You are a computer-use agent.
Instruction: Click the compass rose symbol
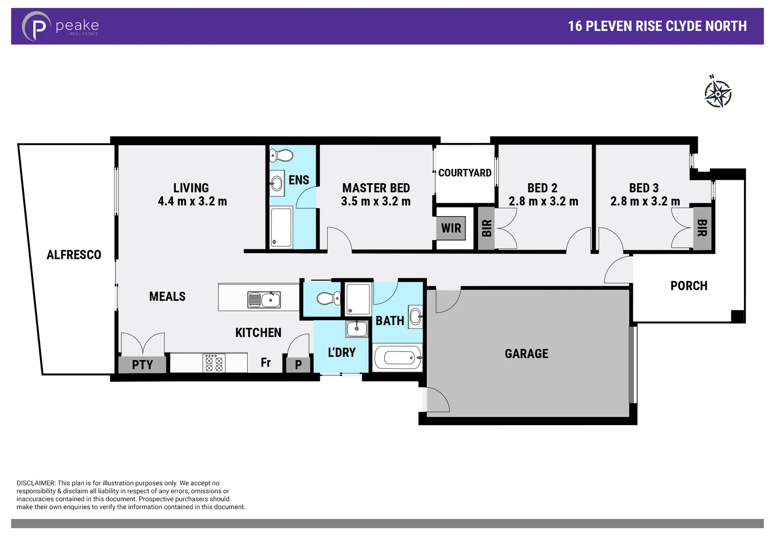[718, 92]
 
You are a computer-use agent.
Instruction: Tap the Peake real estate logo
[60, 26]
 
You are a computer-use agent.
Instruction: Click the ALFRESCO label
[74, 255]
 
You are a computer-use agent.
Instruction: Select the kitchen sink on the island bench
[264, 300]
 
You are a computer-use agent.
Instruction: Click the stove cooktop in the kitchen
[214, 363]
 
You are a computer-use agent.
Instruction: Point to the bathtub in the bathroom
[397, 358]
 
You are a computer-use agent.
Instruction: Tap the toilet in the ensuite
[281, 155]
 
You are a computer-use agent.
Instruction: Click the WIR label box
[451, 228]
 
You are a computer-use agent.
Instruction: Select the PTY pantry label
[142, 365]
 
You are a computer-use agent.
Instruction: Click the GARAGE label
[526, 354]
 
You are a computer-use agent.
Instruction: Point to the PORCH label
[689, 286]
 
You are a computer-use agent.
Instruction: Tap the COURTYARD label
[464, 173]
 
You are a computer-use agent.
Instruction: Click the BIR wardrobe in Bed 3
[702, 228]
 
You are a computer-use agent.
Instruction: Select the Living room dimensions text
[192, 201]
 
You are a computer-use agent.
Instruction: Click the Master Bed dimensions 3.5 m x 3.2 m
[376, 201]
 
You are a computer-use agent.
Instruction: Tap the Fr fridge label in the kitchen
[265, 362]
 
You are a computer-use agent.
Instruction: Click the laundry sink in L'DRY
[356, 329]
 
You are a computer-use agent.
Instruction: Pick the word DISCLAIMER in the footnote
[36, 483]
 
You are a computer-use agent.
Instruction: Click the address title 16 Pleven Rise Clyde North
[657, 26]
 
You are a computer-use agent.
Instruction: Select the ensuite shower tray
[281, 227]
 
